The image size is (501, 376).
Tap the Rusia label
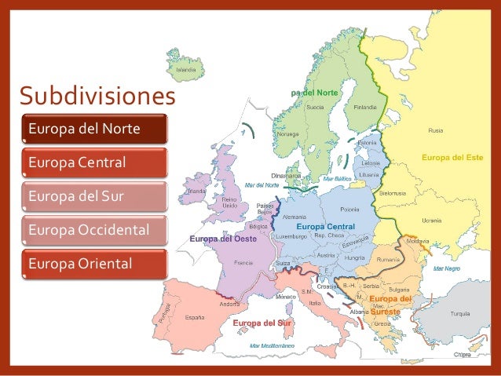[434, 130]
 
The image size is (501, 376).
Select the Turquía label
[459, 313]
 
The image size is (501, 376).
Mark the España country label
[196, 319]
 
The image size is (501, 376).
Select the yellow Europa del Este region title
[452, 158]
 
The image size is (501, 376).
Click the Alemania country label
[294, 217]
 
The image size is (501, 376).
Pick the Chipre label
[462, 354]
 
